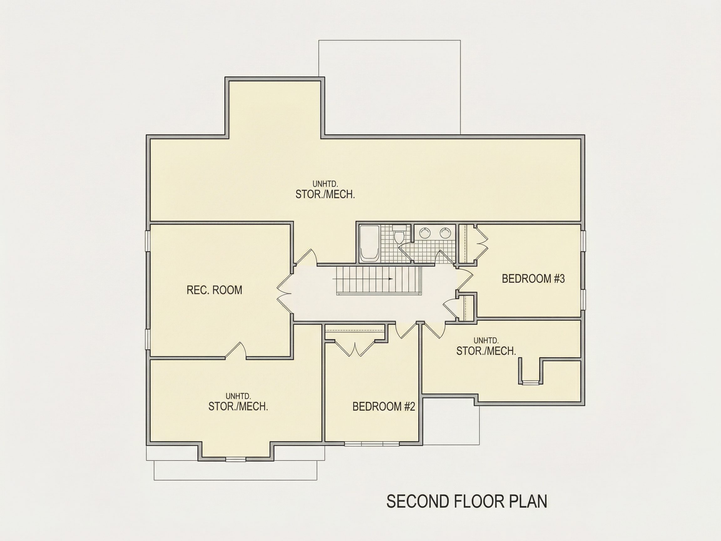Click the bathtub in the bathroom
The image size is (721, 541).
369,243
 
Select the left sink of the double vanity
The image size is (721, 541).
425,233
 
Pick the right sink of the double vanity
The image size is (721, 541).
445,233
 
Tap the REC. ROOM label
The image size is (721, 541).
214,290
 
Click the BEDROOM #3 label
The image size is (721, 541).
533,279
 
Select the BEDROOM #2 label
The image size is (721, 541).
384,407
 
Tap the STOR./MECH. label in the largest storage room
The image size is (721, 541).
325,194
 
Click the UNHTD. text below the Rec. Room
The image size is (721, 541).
238,396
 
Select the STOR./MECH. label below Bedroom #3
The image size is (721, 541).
486,351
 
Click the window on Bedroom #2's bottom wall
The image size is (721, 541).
372,444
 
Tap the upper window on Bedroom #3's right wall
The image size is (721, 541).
583,241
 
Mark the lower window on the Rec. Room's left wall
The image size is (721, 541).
148,339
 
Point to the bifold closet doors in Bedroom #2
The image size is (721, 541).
355,348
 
